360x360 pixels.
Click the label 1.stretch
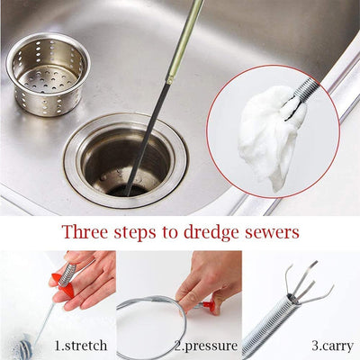[81, 345]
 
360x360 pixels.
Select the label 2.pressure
[208, 345]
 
